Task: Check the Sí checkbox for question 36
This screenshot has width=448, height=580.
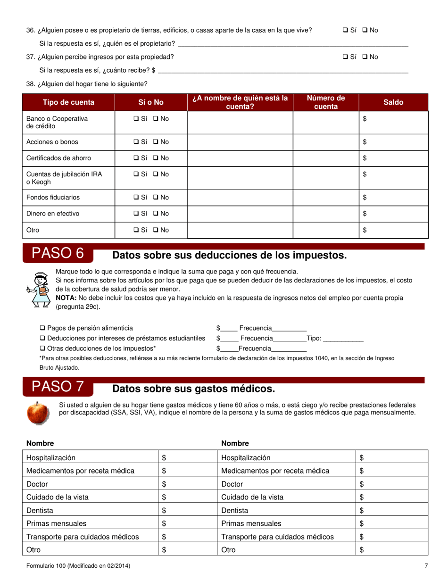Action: pos(345,30)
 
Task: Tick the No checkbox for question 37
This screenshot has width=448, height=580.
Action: pos(365,57)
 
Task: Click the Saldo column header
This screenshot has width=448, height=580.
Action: pos(393,102)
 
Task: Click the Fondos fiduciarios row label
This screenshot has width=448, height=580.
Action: pos(53,198)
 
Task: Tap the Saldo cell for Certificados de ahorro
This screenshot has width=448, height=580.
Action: pos(393,158)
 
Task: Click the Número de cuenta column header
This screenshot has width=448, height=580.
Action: pos(326,102)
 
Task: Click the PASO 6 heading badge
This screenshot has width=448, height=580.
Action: pos(58,254)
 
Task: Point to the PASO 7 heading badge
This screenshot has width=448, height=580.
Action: pos(58,387)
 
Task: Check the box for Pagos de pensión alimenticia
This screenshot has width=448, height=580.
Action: pos(42,328)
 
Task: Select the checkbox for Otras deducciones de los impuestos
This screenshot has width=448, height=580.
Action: pos(42,348)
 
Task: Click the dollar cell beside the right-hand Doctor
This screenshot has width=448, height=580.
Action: pos(391,484)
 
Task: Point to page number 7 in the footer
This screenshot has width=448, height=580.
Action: pos(426,565)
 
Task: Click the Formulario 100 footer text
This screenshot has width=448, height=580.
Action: pos(78,565)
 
